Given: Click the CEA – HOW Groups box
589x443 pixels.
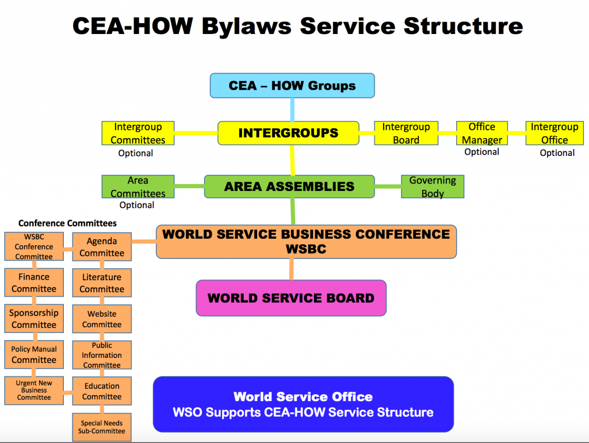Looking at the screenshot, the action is [292, 86].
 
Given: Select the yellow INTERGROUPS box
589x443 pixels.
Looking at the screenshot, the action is [289, 133].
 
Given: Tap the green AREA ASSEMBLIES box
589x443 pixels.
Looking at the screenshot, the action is [289, 186].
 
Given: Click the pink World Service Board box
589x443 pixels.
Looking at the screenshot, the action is [291, 298].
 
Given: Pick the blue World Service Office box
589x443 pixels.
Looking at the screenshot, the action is [304, 404].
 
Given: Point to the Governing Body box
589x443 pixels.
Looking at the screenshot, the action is [433, 186].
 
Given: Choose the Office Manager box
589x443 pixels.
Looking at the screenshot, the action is [482, 133].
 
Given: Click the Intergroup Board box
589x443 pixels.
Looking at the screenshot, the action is [406, 133].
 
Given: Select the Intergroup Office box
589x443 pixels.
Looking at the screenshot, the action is [554, 133].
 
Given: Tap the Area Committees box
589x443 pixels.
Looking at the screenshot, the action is [138, 186].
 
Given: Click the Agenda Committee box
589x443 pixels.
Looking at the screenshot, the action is [102, 246].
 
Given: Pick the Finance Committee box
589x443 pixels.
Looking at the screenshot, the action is [34, 282].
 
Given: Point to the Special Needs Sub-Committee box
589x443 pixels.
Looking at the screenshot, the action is [102, 427].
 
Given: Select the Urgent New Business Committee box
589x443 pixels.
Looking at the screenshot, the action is [34, 391].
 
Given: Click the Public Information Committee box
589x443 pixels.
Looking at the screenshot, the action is [102, 355].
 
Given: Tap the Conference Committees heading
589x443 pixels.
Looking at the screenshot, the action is [68, 223].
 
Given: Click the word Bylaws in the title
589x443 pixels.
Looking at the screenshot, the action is [246, 27].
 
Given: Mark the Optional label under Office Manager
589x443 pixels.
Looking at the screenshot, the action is [482, 152].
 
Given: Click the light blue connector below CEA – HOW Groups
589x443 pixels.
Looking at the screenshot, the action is [292, 110].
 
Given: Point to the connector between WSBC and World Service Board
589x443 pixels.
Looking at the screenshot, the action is [292, 269].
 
